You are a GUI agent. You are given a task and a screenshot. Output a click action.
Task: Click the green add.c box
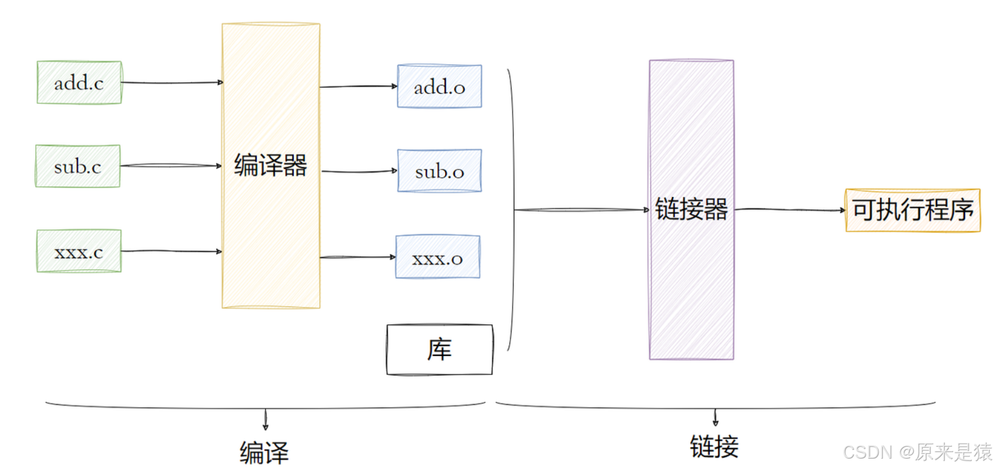[79, 82]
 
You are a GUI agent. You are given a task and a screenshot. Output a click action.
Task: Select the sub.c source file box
[78, 166]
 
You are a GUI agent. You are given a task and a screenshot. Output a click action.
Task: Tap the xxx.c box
[79, 251]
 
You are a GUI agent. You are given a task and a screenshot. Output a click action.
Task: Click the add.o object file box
[439, 87]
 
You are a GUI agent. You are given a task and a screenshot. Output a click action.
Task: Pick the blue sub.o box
[439, 171]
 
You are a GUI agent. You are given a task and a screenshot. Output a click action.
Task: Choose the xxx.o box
[438, 257]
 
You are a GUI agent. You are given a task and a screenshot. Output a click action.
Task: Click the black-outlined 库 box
[439, 350]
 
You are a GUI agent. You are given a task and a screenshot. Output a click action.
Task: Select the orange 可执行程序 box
[913, 210]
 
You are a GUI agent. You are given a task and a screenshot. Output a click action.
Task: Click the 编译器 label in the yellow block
[270, 165]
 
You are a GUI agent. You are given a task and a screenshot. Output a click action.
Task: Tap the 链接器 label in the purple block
[691, 209]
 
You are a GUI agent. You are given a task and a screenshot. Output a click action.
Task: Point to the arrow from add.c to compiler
[172, 82]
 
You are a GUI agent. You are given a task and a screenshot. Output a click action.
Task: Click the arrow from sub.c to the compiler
[171, 165]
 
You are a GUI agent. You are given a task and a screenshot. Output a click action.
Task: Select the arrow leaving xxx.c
[171, 251]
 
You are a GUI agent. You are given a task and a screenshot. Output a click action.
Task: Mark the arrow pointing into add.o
[358, 87]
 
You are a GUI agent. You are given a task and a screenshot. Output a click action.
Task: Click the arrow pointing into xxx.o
[358, 257]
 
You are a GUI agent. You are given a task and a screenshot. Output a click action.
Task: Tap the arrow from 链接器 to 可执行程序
[789, 210]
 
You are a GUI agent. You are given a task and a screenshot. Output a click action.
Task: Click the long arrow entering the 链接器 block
[581, 210]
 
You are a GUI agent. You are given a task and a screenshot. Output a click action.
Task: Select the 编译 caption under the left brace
[264, 452]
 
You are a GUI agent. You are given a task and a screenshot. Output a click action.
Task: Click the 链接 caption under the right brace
[714, 447]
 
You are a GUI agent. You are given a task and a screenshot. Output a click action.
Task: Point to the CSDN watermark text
[917, 452]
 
